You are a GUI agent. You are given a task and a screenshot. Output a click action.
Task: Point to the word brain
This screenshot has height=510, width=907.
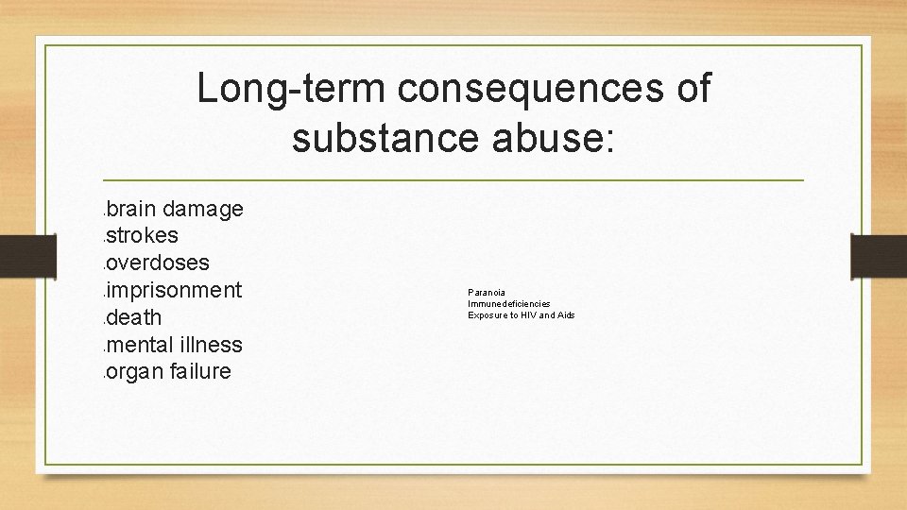(133, 209)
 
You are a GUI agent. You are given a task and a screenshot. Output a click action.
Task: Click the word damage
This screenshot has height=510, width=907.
(204, 209)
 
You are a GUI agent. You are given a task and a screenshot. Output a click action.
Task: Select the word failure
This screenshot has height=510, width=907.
(201, 372)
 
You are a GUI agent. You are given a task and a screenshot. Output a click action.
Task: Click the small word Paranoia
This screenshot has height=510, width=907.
(486, 293)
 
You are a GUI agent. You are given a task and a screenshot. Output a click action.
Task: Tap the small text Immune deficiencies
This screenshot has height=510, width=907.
(508, 304)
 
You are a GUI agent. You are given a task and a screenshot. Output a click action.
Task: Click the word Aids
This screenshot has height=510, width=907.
(565, 315)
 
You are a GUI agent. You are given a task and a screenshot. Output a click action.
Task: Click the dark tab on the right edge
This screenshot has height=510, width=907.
(879, 256)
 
